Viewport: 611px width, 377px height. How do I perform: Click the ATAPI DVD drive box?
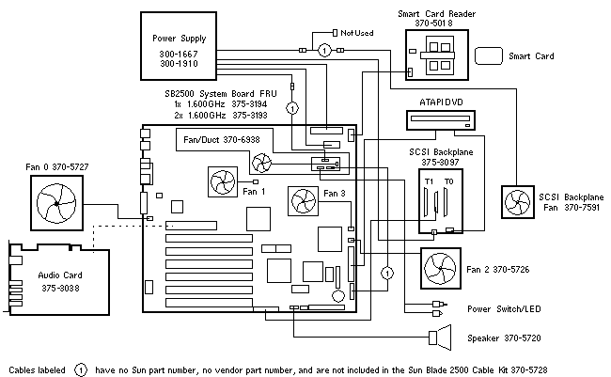click(x=442, y=120)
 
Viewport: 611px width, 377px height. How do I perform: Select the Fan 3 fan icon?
click(x=305, y=200)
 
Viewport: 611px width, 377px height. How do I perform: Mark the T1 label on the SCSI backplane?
click(x=430, y=179)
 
